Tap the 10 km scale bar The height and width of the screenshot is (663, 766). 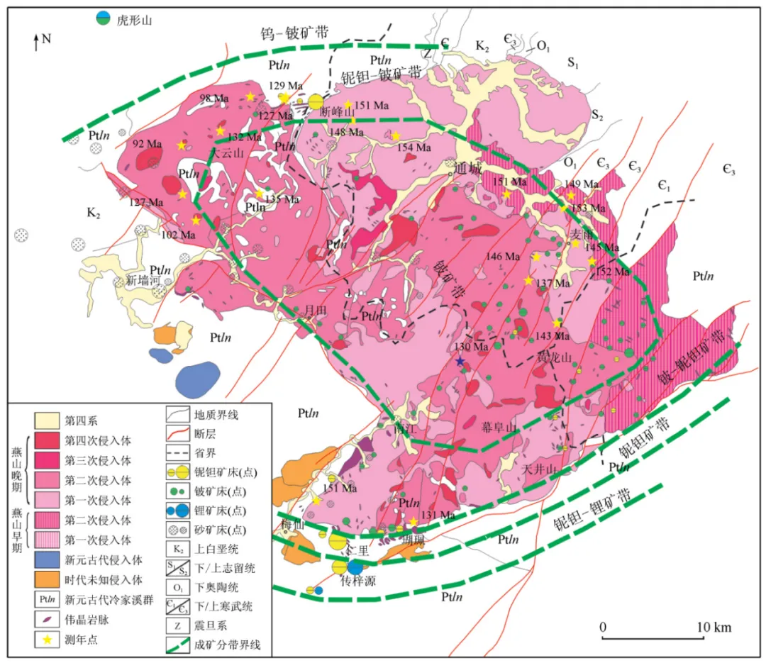652,637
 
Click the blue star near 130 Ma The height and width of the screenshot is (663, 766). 460,362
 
